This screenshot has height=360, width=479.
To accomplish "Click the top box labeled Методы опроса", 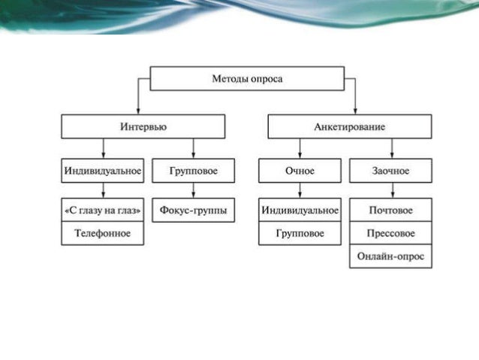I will [x=247, y=79].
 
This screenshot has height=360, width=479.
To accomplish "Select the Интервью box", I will [x=143, y=126].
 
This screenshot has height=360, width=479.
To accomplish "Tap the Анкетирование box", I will [x=349, y=126].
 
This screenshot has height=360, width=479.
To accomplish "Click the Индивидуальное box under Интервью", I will [x=102, y=171].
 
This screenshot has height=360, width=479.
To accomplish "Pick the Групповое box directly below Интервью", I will [x=193, y=171].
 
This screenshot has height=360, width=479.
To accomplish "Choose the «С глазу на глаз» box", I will [x=102, y=210].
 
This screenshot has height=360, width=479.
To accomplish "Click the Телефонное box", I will [x=102, y=233].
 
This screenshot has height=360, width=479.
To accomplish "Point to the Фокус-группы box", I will [x=193, y=210].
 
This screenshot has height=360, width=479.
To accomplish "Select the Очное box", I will [x=300, y=171].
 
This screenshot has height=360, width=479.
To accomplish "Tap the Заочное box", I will [x=390, y=171].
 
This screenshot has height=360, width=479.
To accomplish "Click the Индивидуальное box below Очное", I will [x=300, y=210].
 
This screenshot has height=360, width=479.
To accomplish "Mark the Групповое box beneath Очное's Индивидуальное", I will [x=300, y=233].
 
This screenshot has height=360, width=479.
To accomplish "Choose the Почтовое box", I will [x=390, y=210].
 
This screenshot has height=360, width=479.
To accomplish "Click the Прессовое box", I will [x=390, y=233].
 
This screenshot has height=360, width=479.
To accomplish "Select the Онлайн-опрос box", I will [x=390, y=256].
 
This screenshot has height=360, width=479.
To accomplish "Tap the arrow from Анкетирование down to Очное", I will [x=300, y=148].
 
